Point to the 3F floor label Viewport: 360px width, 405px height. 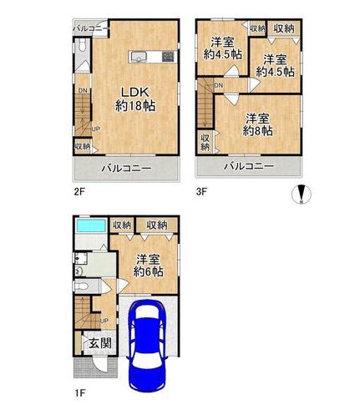(x=202, y=191)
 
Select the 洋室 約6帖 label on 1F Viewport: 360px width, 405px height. (x=148, y=266)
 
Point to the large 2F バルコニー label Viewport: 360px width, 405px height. (x=126, y=169)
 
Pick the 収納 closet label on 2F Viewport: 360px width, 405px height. (x=82, y=147)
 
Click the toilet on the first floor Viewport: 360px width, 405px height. (x=82, y=286)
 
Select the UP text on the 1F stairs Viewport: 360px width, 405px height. (x=103, y=321)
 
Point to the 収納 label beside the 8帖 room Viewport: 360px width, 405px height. (x=205, y=142)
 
